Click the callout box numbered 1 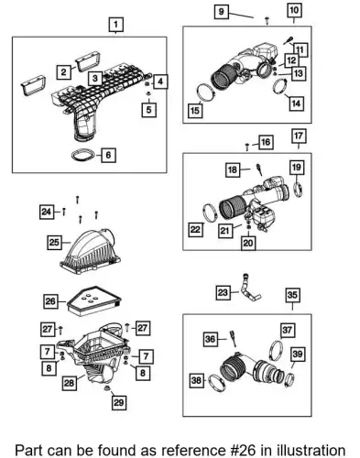pyautogui.click(x=115, y=25)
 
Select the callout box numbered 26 pyautogui.click(x=50, y=301)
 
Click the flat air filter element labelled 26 pyautogui.click(x=94, y=300)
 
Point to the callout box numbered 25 pyautogui.click(x=54, y=243)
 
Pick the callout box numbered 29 pyautogui.click(x=118, y=402)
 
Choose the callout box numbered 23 pyautogui.click(x=223, y=292)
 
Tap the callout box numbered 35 pyautogui.click(x=292, y=295)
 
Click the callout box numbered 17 pyautogui.click(x=299, y=136)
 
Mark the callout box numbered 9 pyautogui.click(x=221, y=12)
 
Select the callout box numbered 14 pyautogui.click(x=296, y=104)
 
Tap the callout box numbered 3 pyautogui.click(x=95, y=79)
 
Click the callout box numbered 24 pyautogui.click(x=47, y=212)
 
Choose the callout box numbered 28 pyautogui.click(x=69, y=383)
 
